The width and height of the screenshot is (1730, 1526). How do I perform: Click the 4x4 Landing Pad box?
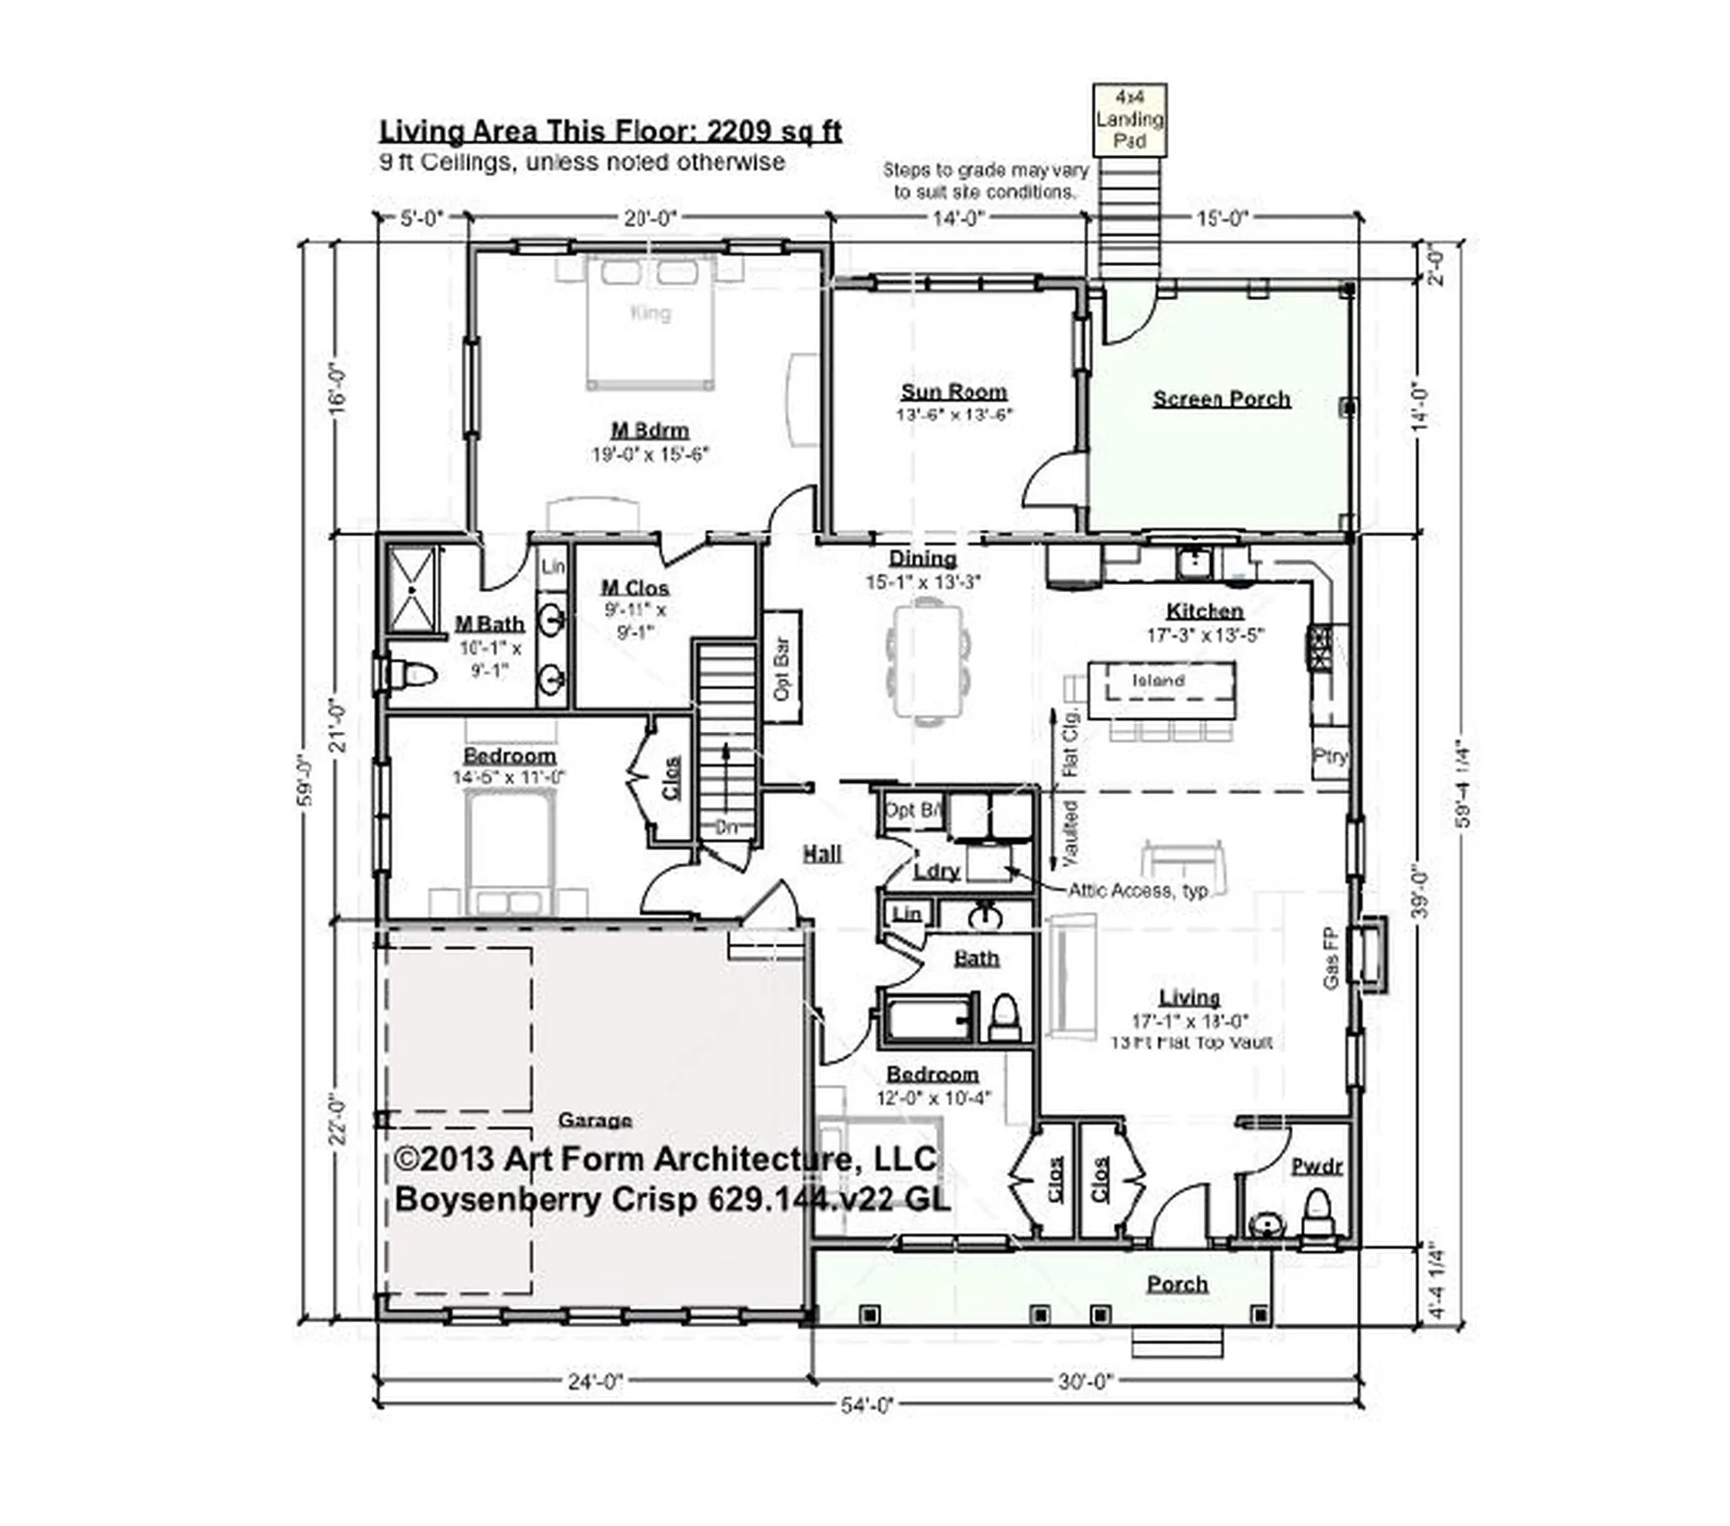click(1129, 119)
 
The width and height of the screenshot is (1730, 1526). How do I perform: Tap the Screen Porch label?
click(1221, 399)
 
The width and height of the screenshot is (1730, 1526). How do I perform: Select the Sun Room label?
click(953, 392)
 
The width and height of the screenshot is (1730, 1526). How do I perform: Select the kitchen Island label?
click(1158, 681)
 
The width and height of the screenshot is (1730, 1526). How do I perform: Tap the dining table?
click(928, 662)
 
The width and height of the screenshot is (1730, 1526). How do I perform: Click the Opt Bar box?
click(782, 668)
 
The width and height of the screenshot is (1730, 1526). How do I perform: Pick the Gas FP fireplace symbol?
click(1370, 955)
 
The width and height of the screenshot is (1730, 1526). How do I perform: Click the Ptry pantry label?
click(1329, 756)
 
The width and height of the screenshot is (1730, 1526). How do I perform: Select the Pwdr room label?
click(1316, 1166)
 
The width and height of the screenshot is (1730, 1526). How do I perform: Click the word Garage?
click(595, 1120)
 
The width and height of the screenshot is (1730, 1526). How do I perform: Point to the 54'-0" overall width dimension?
click(866, 1405)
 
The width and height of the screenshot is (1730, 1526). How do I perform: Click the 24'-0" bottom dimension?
click(595, 1382)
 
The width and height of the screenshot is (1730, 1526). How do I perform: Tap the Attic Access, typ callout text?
click(1137, 891)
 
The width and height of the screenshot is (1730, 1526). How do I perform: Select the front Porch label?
click(1177, 1284)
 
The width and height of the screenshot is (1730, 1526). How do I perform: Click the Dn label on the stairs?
click(726, 827)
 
